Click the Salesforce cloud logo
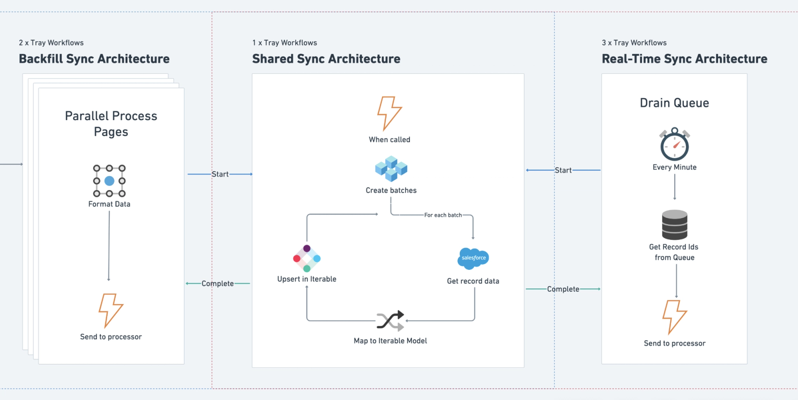pos(473,258)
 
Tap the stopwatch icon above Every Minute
pos(674,144)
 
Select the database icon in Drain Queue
pos(674,225)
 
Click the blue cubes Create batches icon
pos(391,168)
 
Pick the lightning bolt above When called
pos(389,113)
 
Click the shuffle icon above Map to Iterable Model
pos(391,321)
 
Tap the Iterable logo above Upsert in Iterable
pos(307,258)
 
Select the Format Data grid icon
pos(109,181)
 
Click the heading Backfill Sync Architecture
pos(94,59)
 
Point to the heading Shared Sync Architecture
pos(326,59)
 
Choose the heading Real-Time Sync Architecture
pos(684,59)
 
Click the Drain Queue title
pos(674,103)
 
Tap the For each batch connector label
pos(443,215)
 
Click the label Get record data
pos(473,281)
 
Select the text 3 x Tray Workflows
pos(634,43)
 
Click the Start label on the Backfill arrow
pos(220,174)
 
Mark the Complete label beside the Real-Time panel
pos(563,289)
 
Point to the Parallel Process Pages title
pos(111,124)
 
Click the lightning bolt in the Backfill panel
pos(111,310)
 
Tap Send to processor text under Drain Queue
pos(674,343)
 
